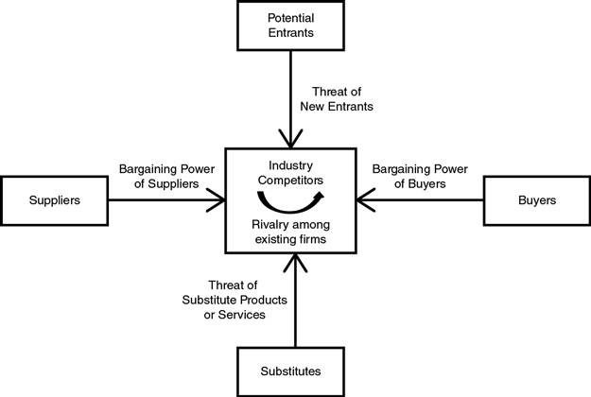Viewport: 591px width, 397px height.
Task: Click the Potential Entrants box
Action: click(x=290, y=26)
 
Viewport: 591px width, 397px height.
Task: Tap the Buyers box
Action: click(x=537, y=200)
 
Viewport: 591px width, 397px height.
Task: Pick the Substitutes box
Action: click(x=290, y=370)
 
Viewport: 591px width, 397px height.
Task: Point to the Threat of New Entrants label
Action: click(x=341, y=99)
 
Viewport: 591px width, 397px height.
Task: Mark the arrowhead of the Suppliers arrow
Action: click(x=219, y=200)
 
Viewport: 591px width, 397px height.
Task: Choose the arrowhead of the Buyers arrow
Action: click(x=362, y=200)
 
